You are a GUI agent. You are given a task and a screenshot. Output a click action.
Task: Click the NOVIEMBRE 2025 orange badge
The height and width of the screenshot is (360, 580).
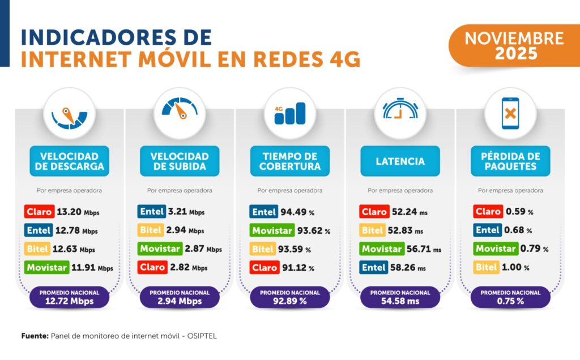tap(514, 46)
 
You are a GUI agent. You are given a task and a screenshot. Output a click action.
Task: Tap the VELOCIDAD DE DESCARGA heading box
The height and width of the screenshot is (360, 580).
tap(69, 161)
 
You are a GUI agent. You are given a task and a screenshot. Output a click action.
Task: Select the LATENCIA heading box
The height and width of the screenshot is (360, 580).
tap(400, 161)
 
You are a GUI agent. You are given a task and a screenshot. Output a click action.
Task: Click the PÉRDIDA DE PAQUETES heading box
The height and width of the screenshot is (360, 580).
tap(510, 161)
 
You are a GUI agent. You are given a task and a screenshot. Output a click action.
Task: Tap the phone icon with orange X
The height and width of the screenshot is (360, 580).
tap(510, 113)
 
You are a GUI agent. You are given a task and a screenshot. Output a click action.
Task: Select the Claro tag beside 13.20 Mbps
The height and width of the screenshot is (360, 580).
tap(40, 212)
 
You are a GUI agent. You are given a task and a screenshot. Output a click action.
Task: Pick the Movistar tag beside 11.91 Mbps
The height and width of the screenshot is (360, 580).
tap(46, 267)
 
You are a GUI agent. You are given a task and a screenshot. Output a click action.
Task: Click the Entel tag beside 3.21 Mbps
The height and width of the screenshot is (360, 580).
tap(152, 212)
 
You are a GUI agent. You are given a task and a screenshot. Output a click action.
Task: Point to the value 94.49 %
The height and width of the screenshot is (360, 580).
tap(298, 213)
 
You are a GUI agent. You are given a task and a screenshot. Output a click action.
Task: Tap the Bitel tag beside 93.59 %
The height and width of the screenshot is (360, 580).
tap(263, 249)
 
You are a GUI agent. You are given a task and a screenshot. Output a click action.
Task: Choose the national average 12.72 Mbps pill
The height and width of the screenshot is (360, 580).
tap(69, 298)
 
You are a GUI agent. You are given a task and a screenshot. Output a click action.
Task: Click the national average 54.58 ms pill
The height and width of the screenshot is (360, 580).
tap(400, 298)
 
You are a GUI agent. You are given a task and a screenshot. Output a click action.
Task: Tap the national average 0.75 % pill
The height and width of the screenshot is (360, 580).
tap(510, 298)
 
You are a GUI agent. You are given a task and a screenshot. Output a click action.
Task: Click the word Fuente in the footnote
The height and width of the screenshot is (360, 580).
tap(35, 336)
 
